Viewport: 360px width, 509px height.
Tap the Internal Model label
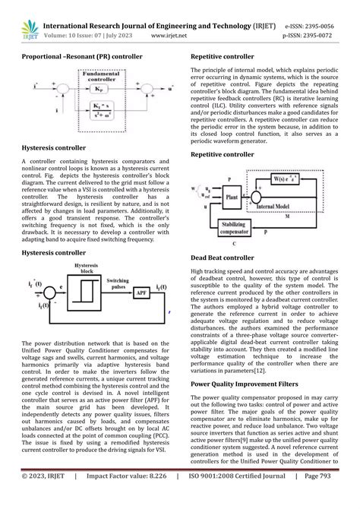click(x=297, y=207)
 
